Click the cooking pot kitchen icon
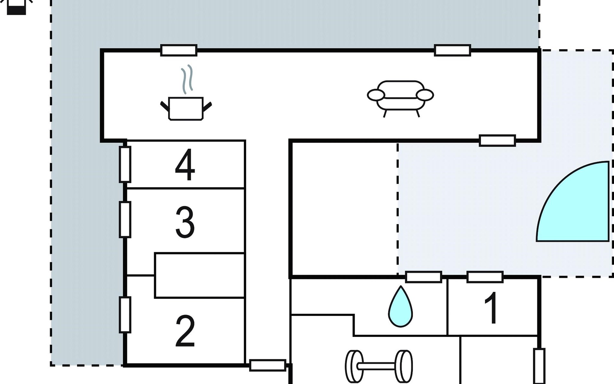tap(186, 108)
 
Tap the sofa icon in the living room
tap(400, 96)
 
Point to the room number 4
tap(185, 165)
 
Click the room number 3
tap(185, 222)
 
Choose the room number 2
tap(185, 331)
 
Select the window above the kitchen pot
tap(178, 51)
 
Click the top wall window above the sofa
tap(452, 51)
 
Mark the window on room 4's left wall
tap(125, 164)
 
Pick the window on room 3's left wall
tap(125, 220)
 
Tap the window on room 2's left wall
tap(125, 315)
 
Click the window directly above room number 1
tap(485, 277)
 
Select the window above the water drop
tap(423, 277)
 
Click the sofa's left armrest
tap(376, 95)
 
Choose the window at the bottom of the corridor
tap(267, 365)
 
